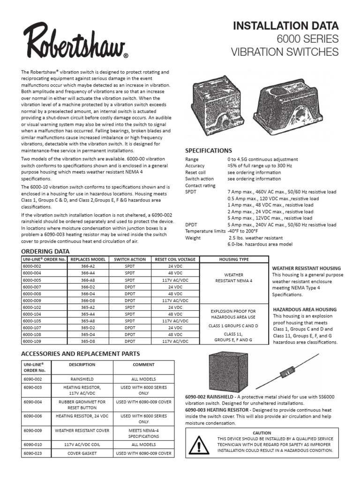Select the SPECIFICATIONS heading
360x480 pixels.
coord(209,150)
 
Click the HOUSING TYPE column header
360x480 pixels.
coord(234,259)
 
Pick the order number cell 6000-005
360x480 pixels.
coord(32,280)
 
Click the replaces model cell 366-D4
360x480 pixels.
coord(88,293)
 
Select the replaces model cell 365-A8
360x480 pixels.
coord(88,321)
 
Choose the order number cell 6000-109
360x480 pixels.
coord(32,341)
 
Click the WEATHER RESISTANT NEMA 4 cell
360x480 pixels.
coord(234,277)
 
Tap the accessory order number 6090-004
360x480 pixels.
coord(32,402)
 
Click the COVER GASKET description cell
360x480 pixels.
coord(82,453)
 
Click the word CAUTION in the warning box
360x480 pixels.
coord(262,433)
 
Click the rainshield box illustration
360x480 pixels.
coord(225,372)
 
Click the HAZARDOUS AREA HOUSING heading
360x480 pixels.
coord(304,309)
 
